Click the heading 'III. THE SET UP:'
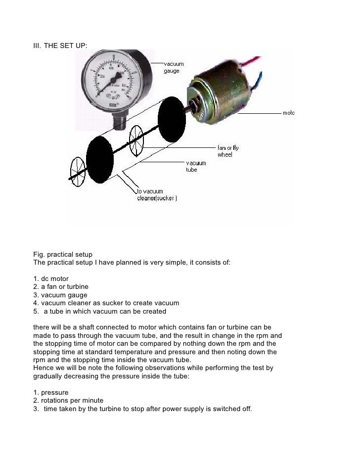60,46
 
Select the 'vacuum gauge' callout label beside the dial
174,67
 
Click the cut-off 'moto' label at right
288,113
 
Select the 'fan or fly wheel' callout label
228,151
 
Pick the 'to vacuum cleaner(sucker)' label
157,195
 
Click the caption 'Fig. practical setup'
62,255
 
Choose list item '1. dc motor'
51,279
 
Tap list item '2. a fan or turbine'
61,286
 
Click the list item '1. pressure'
50,392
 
